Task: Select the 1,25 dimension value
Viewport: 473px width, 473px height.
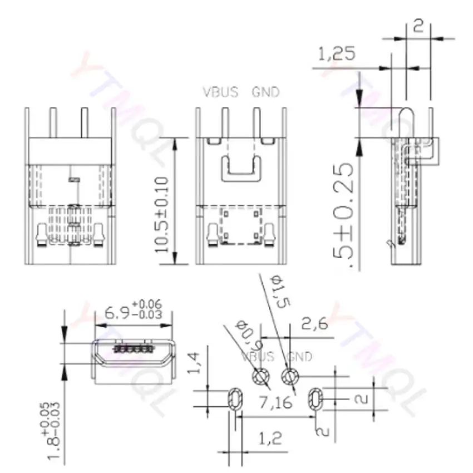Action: (x=336, y=54)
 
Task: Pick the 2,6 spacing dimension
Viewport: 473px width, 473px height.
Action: (x=314, y=324)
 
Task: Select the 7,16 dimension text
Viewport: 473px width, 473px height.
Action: (x=276, y=402)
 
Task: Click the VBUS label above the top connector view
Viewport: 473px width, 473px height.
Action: (x=220, y=92)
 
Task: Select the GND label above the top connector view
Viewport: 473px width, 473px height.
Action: (x=265, y=92)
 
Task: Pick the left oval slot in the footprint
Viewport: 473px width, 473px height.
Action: (x=235, y=398)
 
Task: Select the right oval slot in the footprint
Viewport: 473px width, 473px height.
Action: (x=315, y=398)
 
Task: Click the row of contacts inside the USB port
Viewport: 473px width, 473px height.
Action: (x=132, y=349)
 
